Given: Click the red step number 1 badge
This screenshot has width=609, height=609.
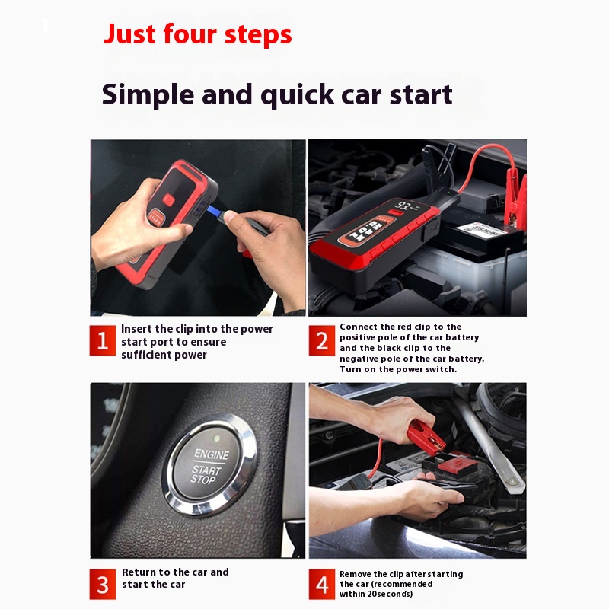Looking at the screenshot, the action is [x=103, y=340].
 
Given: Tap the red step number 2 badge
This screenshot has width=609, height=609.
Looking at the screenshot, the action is [x=321, y=340].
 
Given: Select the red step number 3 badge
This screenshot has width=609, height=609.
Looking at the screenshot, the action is [x=103, y=584].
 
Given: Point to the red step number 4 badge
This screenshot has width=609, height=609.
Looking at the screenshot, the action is [x=321, y=584].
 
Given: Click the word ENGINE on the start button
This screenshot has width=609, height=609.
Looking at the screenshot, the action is [x=212, y=454].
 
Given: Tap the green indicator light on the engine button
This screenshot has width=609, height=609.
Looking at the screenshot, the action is [x=217, y=439].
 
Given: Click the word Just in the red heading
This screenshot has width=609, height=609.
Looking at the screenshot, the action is [x=129, y=34].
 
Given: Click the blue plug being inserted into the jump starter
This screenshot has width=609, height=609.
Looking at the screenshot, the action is [x=214, y=212].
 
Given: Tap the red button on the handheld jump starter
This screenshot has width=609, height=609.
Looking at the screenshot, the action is [x=168, y=200].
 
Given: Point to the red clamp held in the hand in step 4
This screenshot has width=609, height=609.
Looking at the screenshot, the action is [x=426, y=436].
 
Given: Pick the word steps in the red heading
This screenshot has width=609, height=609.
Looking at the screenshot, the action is [x=258, y=35].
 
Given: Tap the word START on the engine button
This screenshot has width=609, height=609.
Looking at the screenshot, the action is [x=206, y=470].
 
